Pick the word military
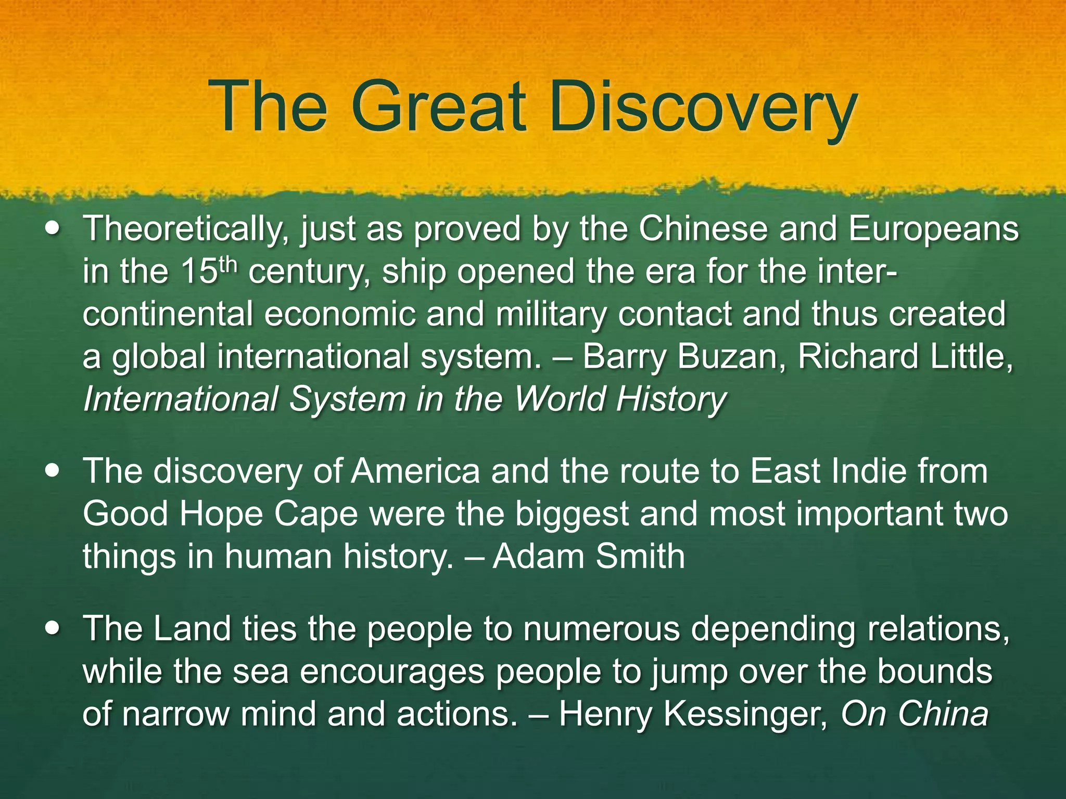[x=551, y=314]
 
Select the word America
[x=415, y=471]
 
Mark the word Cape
[x=316, y=514]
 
